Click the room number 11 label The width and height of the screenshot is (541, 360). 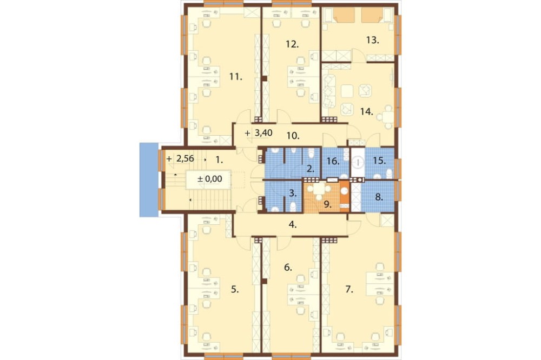point(236,77)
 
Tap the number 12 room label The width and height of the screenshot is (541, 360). point(292,44)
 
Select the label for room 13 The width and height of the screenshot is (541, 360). point(373,40)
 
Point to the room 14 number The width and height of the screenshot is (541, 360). point(367,111)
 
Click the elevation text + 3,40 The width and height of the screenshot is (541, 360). point(259,133)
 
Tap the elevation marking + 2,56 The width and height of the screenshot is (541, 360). point(180,158)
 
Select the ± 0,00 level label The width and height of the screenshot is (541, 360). point(209,179)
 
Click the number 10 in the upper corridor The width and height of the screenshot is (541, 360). point(293,136)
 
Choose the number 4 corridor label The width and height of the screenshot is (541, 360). point(293,225)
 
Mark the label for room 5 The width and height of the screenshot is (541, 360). point(235,289)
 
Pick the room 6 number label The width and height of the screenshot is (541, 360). point(288,267)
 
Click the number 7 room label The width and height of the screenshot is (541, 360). point(349,289)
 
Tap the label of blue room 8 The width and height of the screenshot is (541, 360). point(379,198)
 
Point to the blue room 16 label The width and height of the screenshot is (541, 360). point(333,161)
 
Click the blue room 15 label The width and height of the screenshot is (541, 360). point(379,161)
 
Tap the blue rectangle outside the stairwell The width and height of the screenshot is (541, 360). point(149,179)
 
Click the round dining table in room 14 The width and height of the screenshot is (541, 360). point(388,117)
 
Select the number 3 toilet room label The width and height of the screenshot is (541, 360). point(293,194)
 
